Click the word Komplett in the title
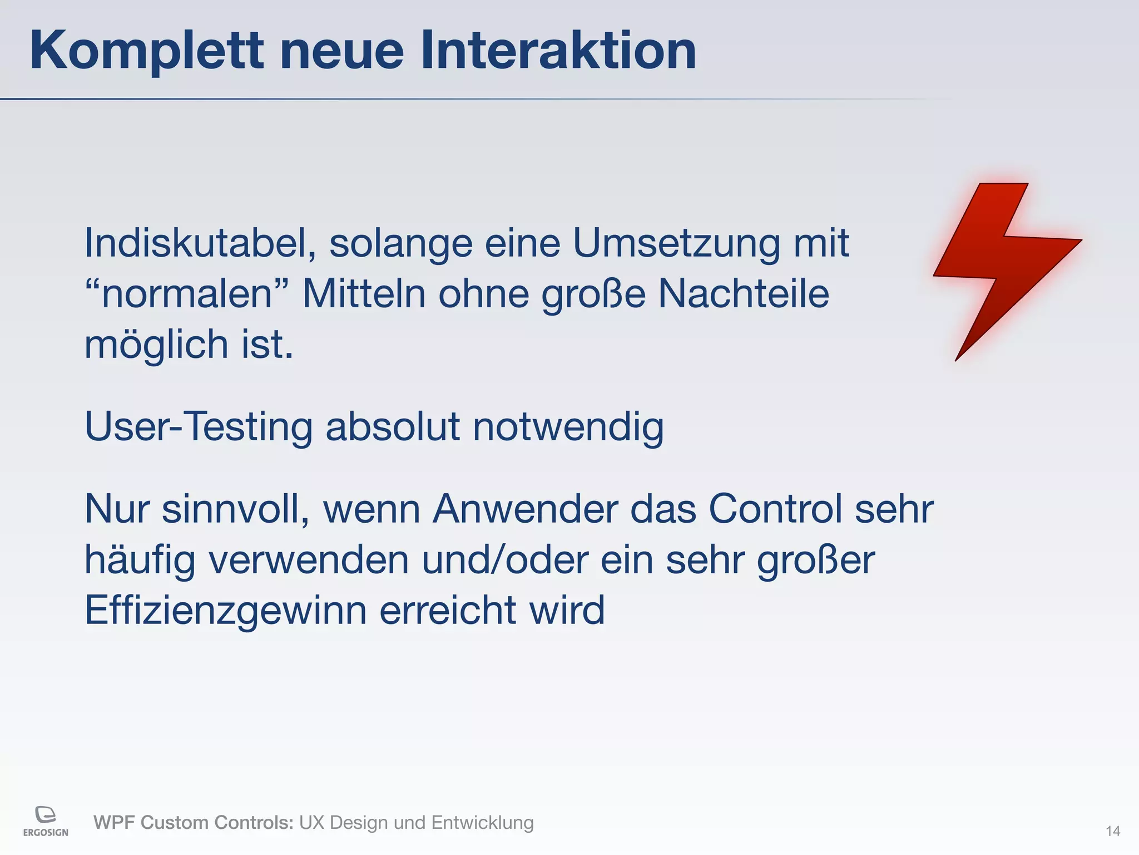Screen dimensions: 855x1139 (146, 51)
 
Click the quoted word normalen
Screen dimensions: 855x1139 (187, 294)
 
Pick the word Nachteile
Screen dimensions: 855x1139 (744, 294)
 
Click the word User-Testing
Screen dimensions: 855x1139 (199, 427)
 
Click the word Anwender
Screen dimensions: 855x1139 (525, 509)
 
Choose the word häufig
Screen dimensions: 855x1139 (140, 560)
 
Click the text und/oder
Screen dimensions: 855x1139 (504, 560)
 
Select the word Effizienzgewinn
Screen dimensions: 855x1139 (225, 611)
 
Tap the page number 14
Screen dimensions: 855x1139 (1112, 831)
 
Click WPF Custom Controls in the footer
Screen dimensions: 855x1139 (193, 822)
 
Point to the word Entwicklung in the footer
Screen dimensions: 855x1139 (482, 822)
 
